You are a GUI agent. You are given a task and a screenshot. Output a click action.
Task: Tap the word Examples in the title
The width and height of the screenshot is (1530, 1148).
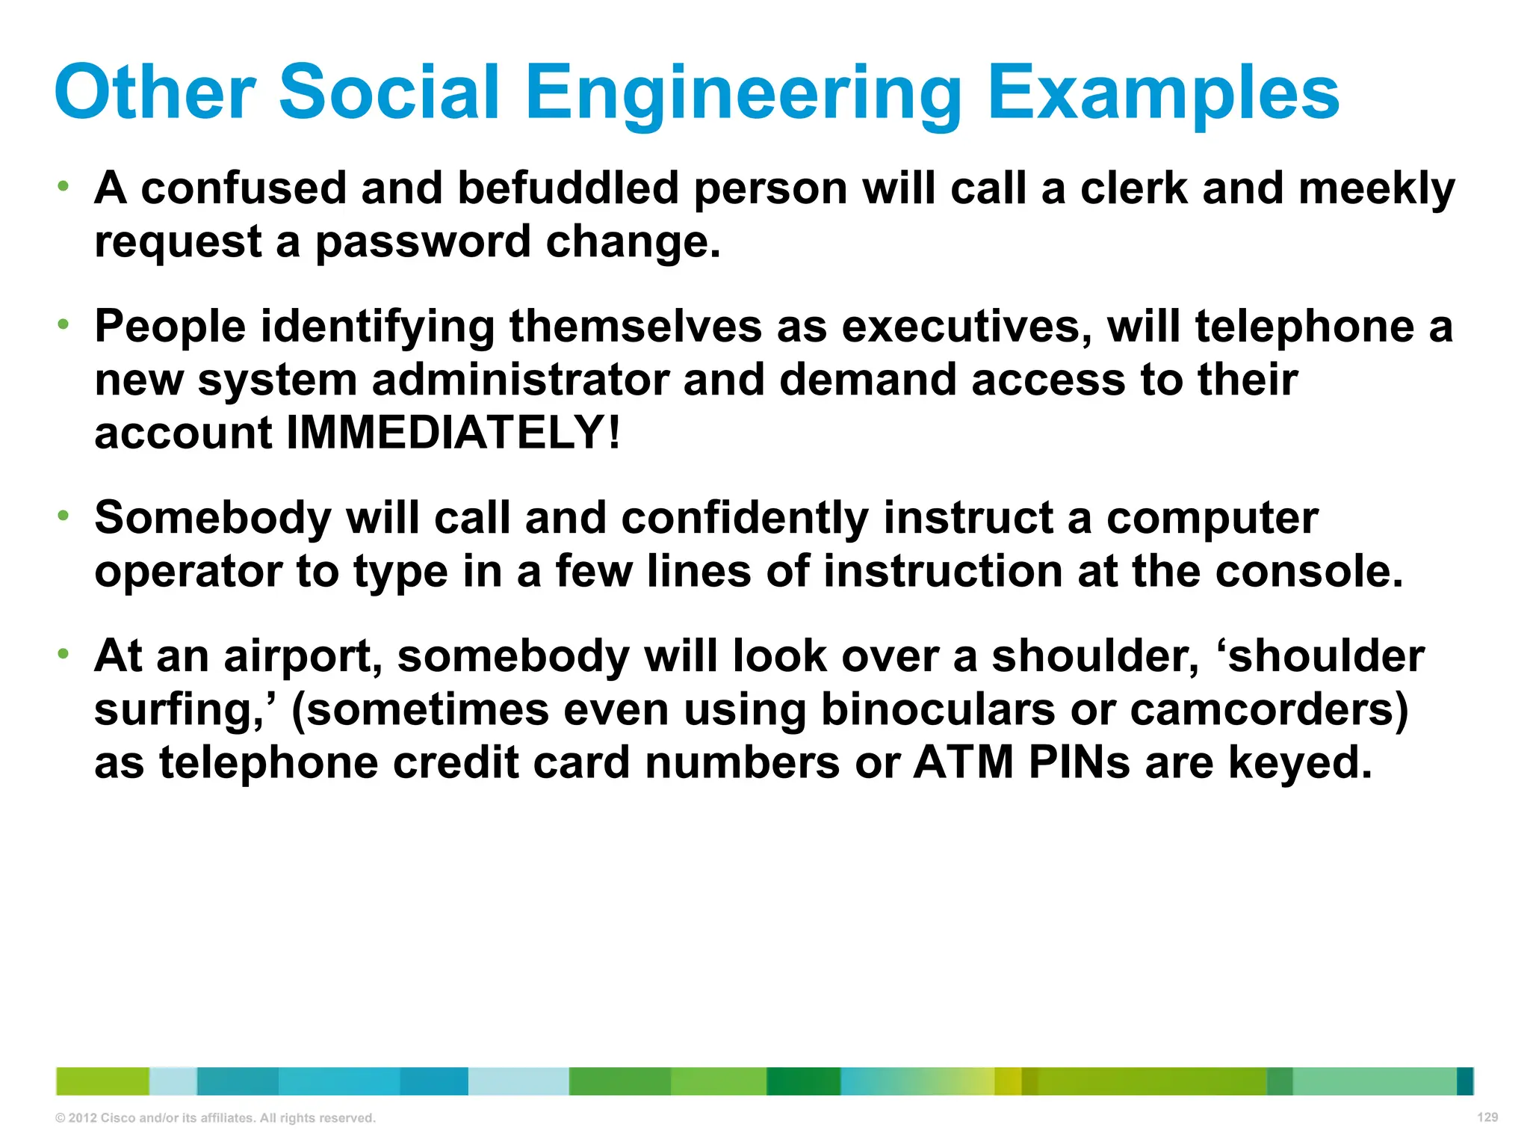coord(1163,93)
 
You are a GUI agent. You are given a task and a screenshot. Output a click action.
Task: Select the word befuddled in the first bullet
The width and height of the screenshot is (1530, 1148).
coord(568,188)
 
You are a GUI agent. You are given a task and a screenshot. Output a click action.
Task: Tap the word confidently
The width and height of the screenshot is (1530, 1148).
coord(745,517)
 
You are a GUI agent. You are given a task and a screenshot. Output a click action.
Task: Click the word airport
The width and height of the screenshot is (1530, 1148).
coord(303,656)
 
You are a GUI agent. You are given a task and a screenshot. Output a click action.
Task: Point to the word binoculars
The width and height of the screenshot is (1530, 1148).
coord(938,709)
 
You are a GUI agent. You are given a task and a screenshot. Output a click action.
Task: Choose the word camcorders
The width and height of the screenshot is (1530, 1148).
coord(1269,709)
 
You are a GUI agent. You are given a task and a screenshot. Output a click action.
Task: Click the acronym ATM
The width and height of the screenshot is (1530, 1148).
coord(963,763)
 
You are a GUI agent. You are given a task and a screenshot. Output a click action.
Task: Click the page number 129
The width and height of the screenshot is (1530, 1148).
coord(1487,1117)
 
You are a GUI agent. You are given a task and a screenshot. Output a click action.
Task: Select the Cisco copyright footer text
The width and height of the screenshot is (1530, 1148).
coord(215,1118)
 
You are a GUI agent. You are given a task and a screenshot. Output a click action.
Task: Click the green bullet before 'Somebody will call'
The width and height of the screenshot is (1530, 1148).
coord(64,515)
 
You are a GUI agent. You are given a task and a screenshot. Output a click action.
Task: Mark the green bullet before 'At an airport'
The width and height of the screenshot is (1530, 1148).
coord(64,654)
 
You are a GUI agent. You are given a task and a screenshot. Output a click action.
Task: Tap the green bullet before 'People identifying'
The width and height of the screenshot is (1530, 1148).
coord(64,324)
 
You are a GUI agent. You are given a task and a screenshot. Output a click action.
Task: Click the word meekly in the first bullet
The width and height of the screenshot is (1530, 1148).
coord(1376,188)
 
